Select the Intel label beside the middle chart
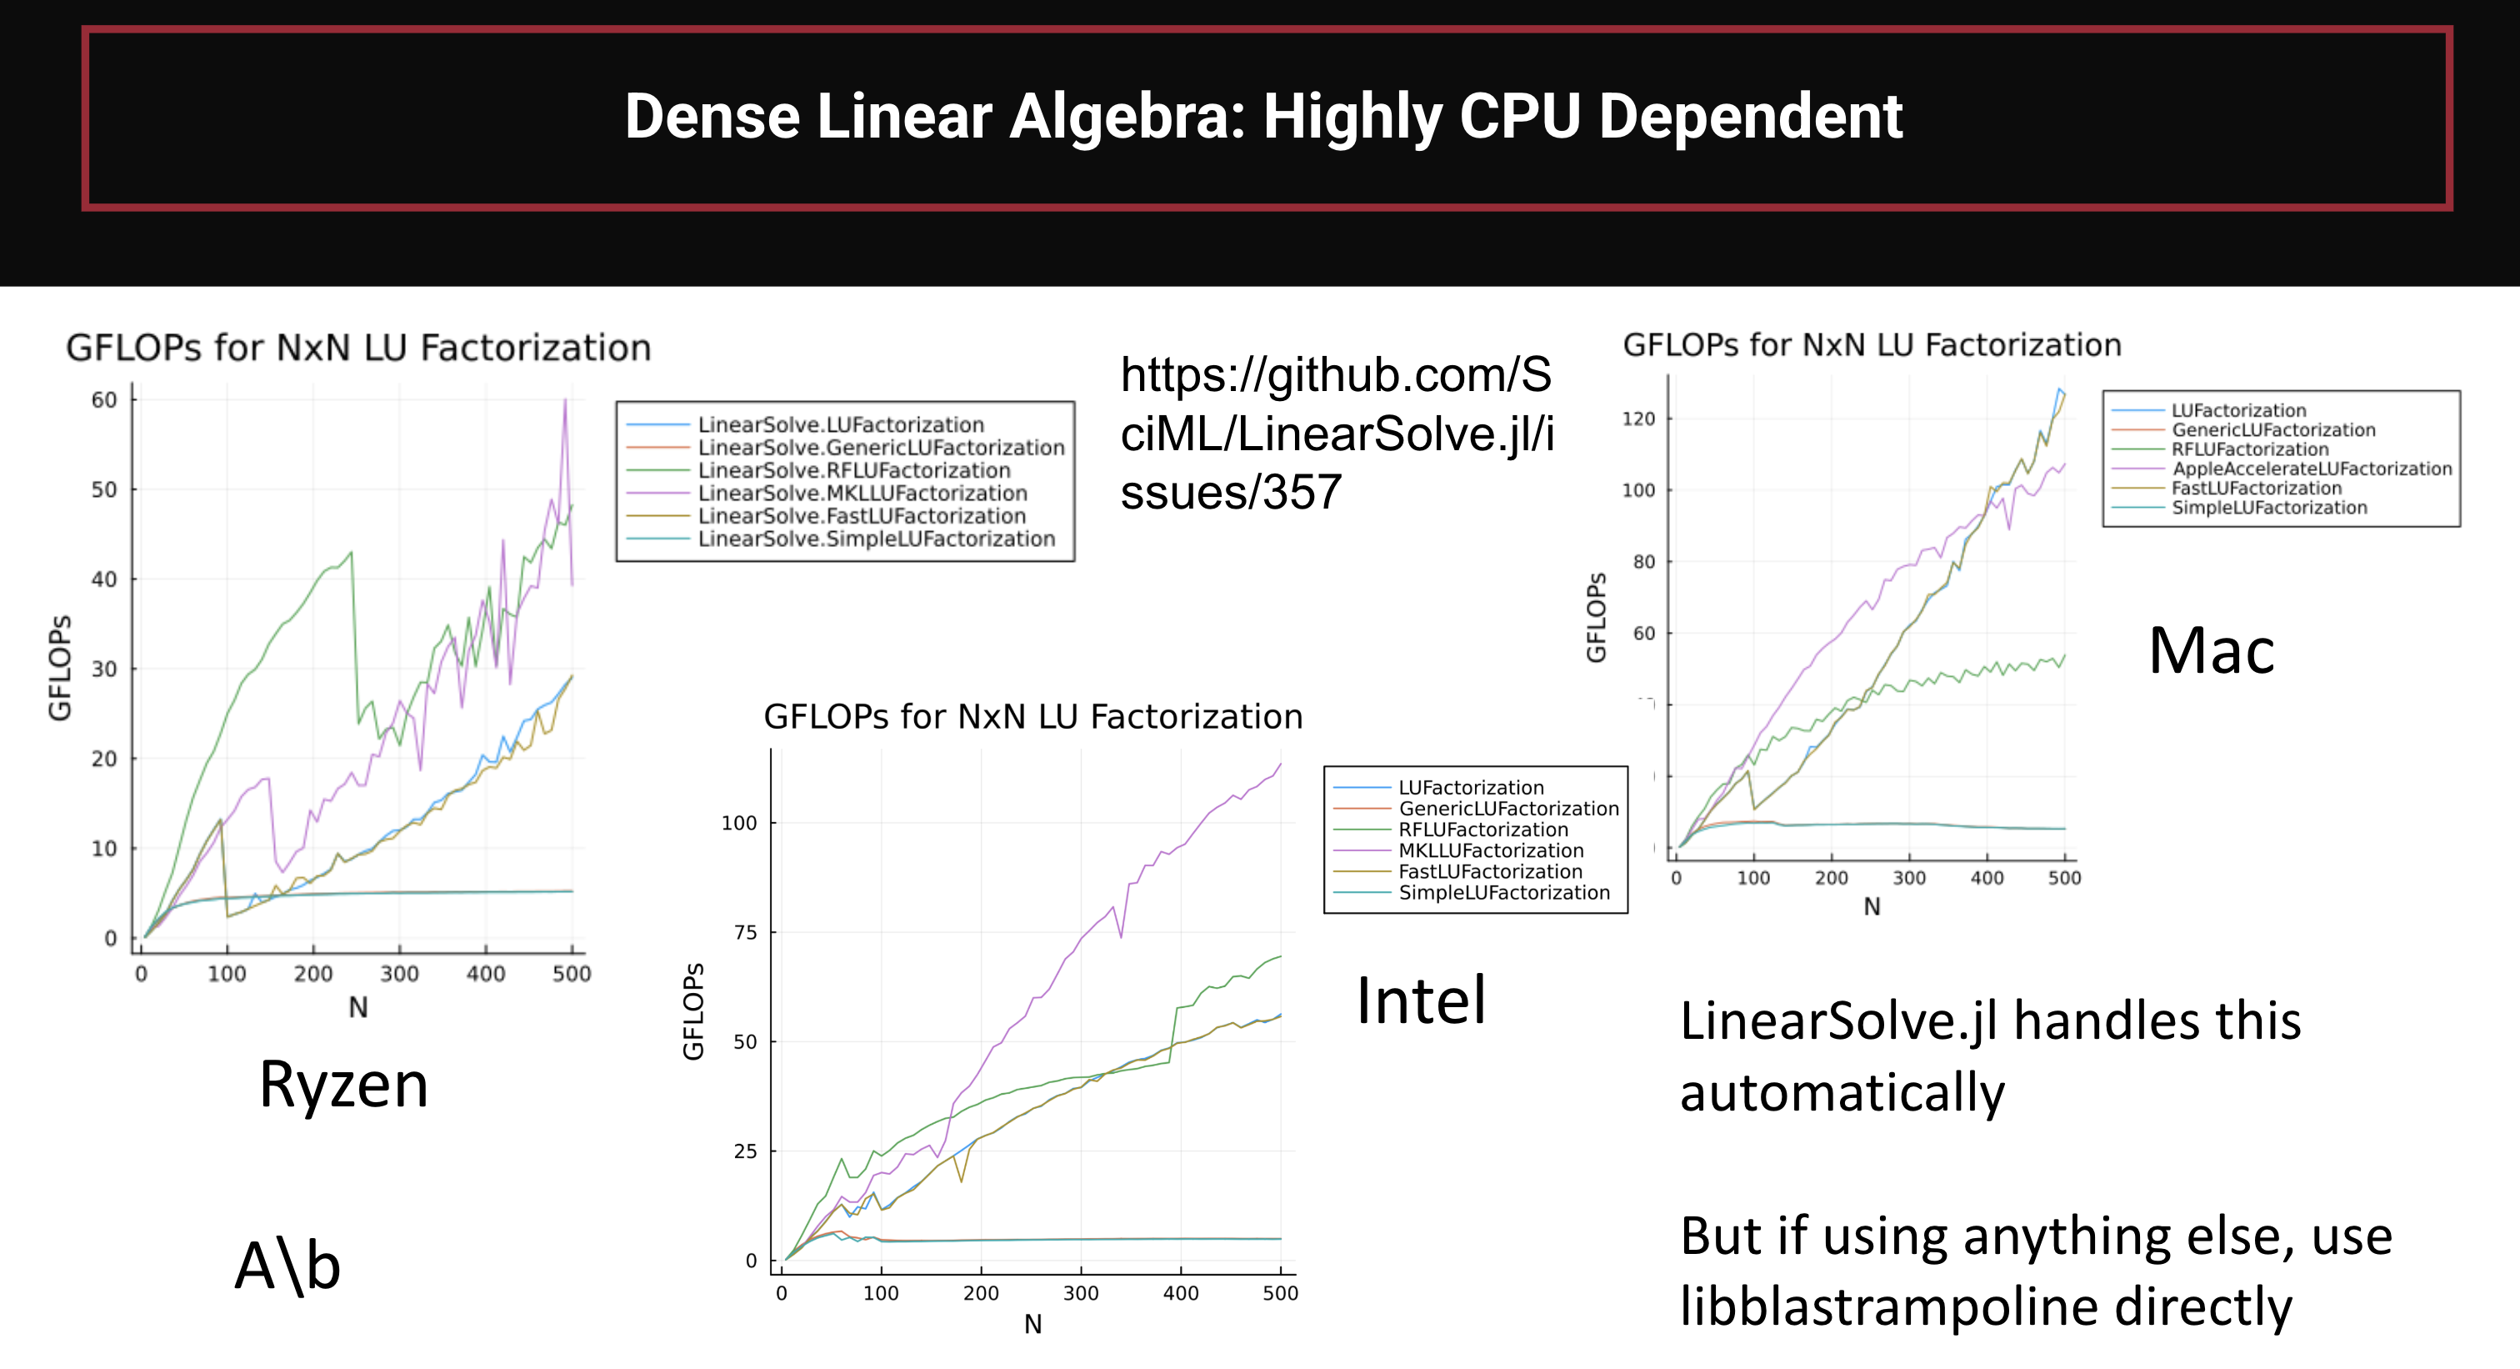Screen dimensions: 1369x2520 click(1421, 1001)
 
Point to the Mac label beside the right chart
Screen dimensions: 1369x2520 click(2211, 651)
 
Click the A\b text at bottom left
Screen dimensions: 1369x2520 click(287, 1266)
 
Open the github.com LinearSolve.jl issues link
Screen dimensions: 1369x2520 click(1337, 434)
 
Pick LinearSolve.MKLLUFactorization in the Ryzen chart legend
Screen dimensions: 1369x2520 click(862, 494)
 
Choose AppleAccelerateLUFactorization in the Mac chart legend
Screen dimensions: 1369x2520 click(2312, 469)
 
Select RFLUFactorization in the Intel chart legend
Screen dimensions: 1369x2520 click(1483, 830)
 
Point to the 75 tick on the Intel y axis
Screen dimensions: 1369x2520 click(746, 933)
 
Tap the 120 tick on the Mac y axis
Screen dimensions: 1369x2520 click(1638, 419)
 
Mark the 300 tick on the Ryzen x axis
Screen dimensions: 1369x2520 click(399, 974)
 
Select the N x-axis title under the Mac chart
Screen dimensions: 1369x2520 click(1872, 907)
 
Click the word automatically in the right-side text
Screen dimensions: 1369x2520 click(1842, 1093)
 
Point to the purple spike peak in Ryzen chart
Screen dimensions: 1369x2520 click(564, 400)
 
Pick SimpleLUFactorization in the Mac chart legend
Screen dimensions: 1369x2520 click(2268, 508)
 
